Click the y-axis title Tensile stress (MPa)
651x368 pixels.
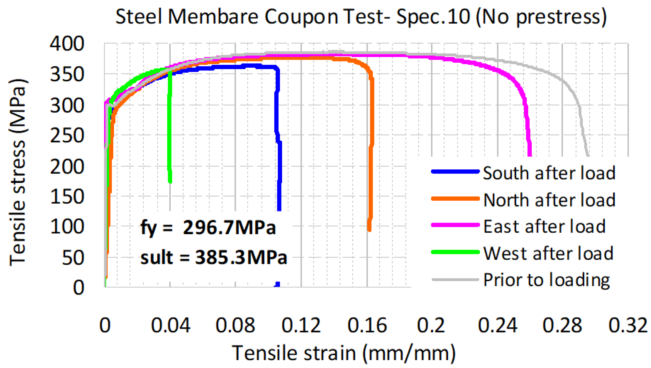click(18, 173)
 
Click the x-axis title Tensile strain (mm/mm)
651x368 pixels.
click(344, 353)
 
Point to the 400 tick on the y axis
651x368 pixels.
click(67, 44)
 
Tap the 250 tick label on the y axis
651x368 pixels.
click(67, 136)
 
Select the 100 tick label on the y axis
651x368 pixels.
click(67, 227)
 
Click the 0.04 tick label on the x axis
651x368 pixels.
click(170, 325)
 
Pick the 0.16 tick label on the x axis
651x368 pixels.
click(367, 325)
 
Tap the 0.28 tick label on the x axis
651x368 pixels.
click(562, 325)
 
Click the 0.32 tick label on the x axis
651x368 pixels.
click(628, 325)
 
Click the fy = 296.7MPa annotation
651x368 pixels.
click(208, 228)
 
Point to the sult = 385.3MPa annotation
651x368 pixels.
click(213, 257)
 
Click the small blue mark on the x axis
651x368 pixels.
click(277, 284)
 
